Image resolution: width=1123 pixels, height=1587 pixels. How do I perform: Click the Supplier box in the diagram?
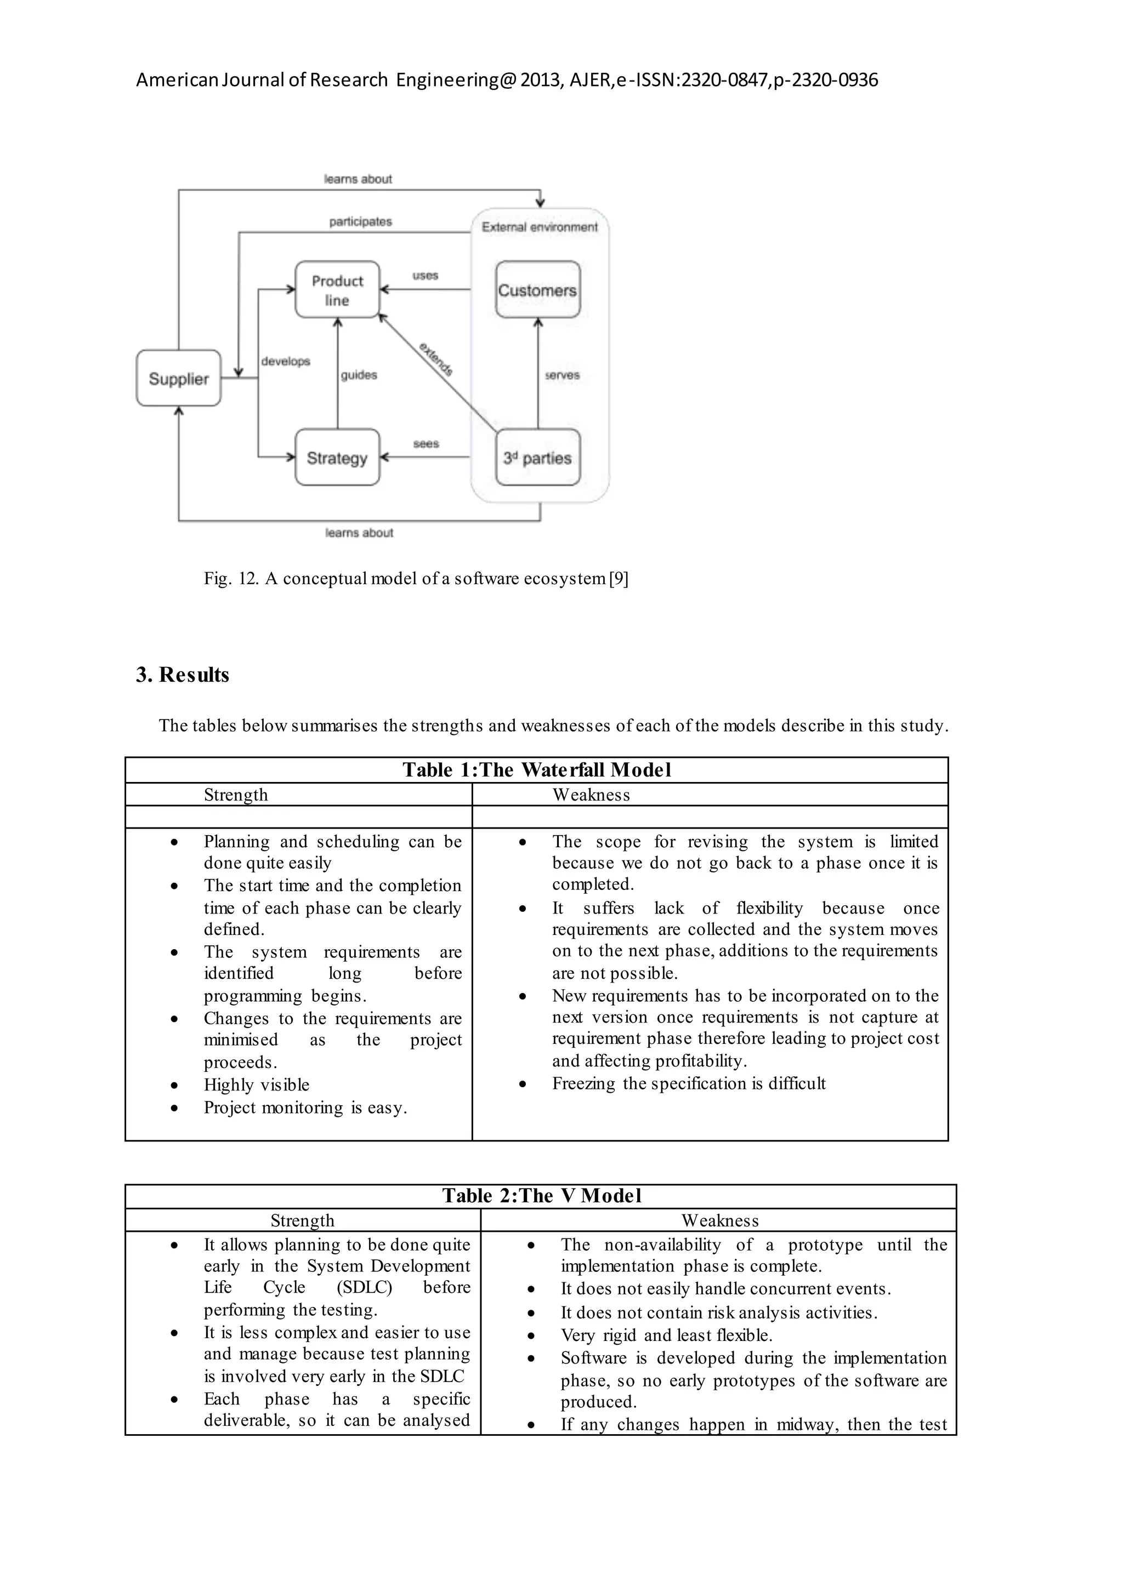point(178,378)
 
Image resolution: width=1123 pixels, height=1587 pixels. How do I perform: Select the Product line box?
point(337,289)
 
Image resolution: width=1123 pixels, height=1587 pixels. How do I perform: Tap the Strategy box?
point(337,458)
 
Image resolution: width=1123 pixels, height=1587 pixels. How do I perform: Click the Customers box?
point(537,289)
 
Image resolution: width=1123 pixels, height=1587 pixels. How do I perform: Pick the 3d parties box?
point(537,458)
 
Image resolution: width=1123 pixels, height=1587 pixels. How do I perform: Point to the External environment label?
point(540,227)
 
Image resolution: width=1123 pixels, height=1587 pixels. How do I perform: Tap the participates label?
point(360,221)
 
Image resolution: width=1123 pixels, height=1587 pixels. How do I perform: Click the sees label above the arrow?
point(426,443)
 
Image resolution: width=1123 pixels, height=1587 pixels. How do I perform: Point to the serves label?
point(562,375)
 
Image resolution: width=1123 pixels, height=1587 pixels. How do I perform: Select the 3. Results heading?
point(183,675)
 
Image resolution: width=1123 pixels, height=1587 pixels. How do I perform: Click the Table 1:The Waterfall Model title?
point(537,769)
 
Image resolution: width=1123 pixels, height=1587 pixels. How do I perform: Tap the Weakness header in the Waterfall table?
point(591,795)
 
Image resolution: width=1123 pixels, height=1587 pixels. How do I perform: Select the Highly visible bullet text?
point(257,1084)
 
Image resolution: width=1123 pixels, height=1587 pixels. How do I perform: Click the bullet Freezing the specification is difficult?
point(689,1083)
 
